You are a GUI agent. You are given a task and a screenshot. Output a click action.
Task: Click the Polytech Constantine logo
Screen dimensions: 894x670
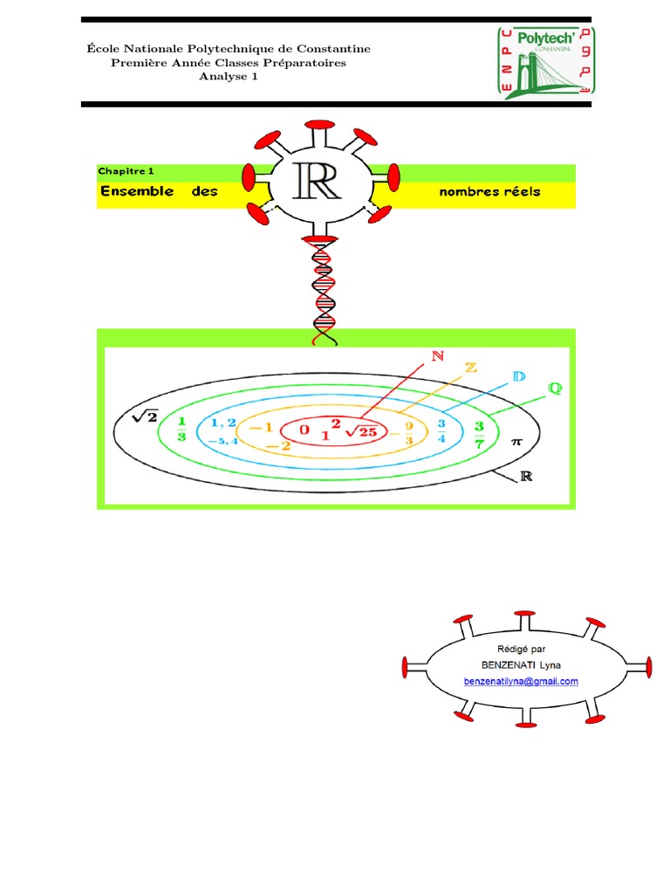pyautogui.click(x=546, y=61)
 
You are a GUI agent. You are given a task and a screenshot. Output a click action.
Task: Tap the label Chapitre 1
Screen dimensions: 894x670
pyautogui.click(x=126, y=172)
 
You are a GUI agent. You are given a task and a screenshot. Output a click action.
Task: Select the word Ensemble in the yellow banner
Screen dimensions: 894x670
pyautogui.click(x=136, y=191)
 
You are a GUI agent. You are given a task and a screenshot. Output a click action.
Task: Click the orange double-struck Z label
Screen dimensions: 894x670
pyautogui.click(x=471, y=368)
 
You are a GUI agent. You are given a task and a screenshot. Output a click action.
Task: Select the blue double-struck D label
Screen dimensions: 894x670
pyautogui.click(x=519, y=376)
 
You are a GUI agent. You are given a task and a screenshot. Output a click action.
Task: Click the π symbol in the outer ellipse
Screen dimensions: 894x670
pyautogui.click(x=516, y=444)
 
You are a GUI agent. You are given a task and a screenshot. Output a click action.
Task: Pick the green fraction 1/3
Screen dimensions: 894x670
pyautogui.click(x=181, y=429)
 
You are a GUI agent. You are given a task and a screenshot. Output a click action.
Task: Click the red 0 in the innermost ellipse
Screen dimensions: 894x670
pyautogui.click(x=304, y=430)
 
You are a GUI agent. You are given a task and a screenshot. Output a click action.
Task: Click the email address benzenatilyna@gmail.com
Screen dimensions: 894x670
pyautogui.click(x=522, y=682)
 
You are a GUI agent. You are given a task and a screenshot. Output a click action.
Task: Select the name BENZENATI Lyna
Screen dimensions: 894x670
pyautogui.click(x=522, y=665)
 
